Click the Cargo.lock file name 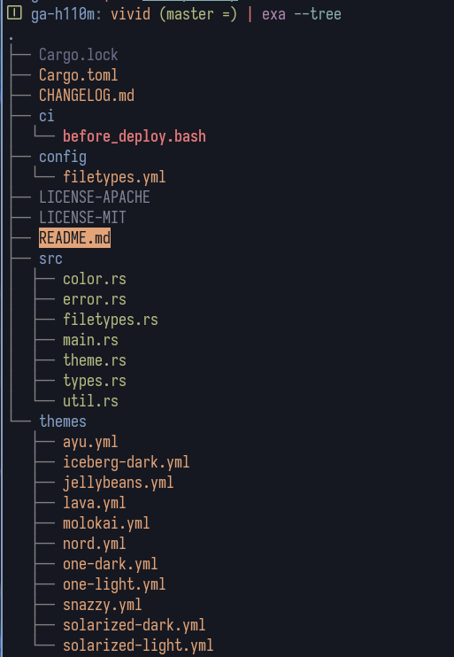(78, 55)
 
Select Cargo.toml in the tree (78, 75)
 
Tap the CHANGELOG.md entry (87, 96)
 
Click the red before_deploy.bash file (135, 136)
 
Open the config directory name (63, 157)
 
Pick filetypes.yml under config (114, 177)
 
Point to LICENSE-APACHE (95, 197)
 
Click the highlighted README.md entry (74, 238)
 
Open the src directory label (50, 259)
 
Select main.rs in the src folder (90, 340)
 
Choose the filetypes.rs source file (111, 320)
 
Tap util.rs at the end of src (90, 401)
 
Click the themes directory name (63, 421)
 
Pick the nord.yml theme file (94, 544)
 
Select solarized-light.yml (138, 645)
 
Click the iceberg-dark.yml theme (126, 462)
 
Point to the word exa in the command (274, 15)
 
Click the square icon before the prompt (14, 13)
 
